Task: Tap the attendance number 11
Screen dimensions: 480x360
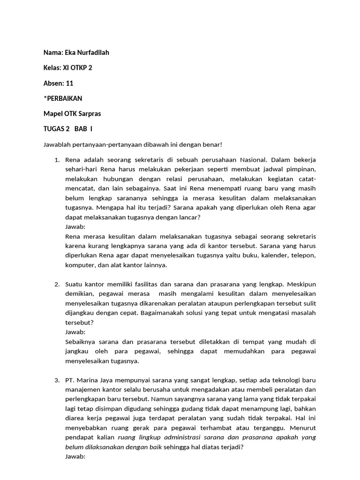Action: point(69,83)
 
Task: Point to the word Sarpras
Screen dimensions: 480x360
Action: point(89,113)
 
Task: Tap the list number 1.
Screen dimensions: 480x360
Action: point(57,160)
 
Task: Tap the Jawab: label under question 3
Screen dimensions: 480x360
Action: point(75,456)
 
